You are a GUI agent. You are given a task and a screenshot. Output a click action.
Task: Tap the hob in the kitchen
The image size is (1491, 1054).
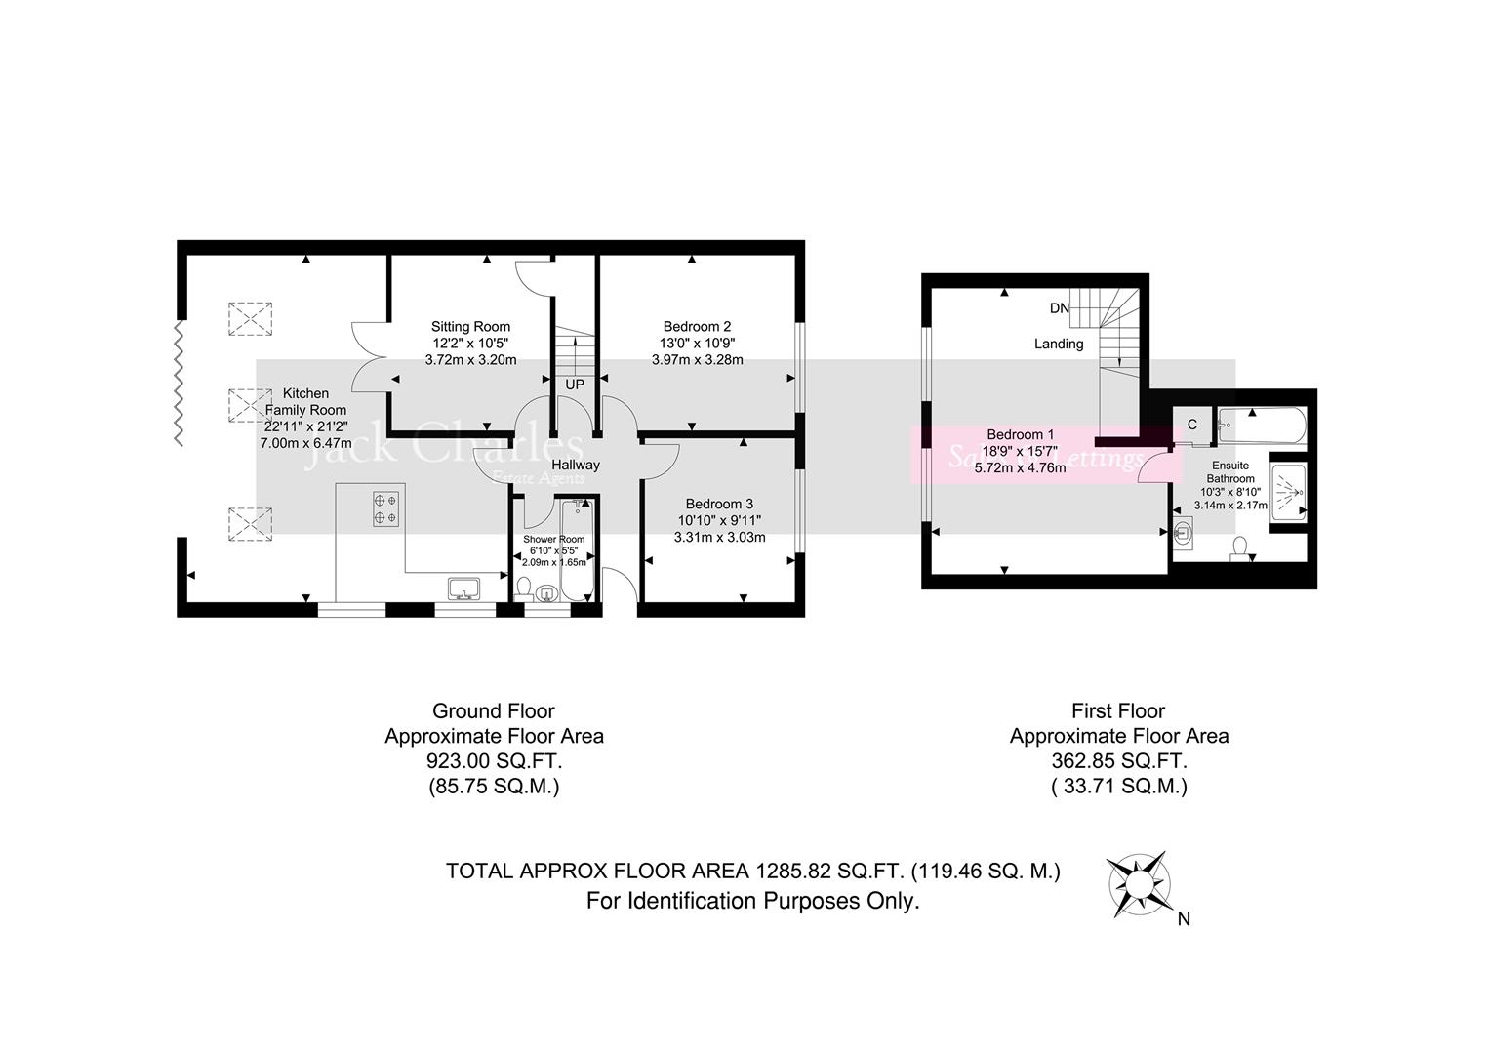click(x=385, y=507)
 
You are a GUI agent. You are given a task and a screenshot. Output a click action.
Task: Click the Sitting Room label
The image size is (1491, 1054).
click(x=470, y=327)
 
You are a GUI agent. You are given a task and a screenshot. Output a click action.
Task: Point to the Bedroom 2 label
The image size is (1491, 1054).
click(x=697, y=327)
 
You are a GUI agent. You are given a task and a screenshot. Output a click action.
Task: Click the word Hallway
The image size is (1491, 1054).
click(x=576, y=466)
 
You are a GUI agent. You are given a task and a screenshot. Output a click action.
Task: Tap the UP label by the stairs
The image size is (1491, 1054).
click(x=575, y=385)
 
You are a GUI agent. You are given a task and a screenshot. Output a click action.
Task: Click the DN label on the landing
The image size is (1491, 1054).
click(x=1060, y=308)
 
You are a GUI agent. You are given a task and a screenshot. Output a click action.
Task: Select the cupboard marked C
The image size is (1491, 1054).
click(x=1191, y=425)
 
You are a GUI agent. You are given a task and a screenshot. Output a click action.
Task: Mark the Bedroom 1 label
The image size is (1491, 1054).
click(x=1020, y=434)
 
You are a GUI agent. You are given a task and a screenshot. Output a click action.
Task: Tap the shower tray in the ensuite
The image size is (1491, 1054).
click(x=1288, y=492)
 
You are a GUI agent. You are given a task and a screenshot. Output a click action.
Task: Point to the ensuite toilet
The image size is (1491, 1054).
click(x=1241, y=549)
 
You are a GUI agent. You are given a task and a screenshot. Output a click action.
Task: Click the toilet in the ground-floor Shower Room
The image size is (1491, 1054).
click(x=524, y=588)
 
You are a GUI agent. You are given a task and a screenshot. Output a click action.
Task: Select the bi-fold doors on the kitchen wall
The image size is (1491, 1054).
click(x=178, y=383)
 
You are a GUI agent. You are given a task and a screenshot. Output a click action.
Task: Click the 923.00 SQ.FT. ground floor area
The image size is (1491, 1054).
click(x=494, y=762)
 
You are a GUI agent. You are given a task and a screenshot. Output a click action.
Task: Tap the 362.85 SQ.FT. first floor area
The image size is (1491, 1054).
click(x=1118, y=762)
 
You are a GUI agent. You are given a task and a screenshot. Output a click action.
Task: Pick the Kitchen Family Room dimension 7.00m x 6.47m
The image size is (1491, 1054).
click(x=305, y=442)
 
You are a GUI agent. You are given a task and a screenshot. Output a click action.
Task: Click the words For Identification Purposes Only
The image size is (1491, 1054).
click(x=752, y=901)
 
